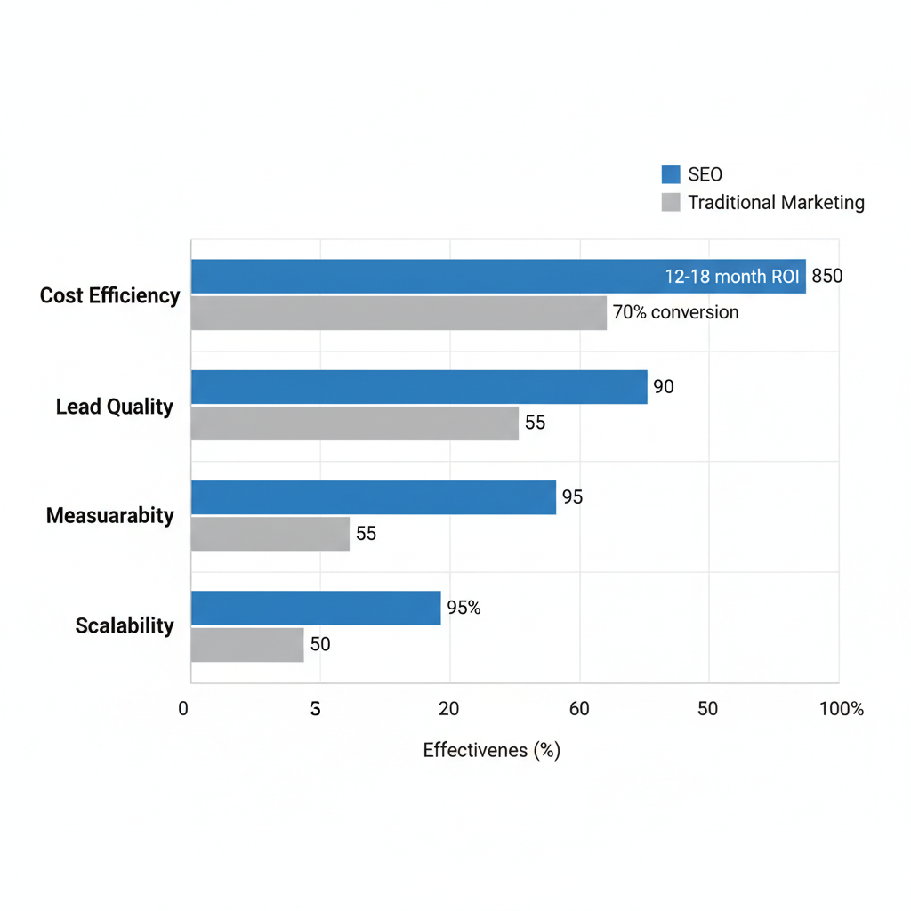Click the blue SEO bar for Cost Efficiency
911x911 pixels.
click(x=427, y=276)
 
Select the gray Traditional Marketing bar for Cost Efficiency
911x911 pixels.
click(x=399, y=313)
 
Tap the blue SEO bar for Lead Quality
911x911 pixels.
click(x=418, y=387)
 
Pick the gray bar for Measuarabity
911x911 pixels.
click(x=270, y=534)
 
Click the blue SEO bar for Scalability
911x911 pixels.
click(x=316, y=608)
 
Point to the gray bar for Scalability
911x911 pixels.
click(x=247, y=645)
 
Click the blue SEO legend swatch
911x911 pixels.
click(x=671, y=174)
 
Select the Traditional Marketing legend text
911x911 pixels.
click(x=776, y=203)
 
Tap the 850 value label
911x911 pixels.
click(x=826, y=277)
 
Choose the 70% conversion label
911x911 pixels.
click(x=676, y=312)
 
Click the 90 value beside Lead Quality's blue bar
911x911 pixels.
click(x=664, y=387)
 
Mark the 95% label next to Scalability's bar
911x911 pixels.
click(x=464, y=608)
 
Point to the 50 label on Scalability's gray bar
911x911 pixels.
click(x=319, y=645)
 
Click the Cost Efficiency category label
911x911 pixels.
click(x=109, y=295)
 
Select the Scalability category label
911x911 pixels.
click(x=125, y=625)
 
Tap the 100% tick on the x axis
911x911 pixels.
click(x=842, y=709)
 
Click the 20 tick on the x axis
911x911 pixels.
click(x=449, y=709)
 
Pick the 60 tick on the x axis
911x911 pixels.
click(x=579, y=709)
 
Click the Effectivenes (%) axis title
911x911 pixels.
click(x=491, y=750)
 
